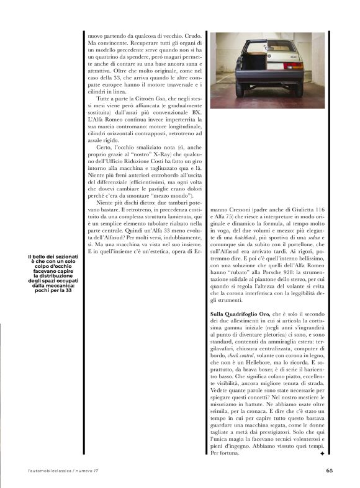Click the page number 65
click(330, 469)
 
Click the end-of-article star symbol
click(322, 454)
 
